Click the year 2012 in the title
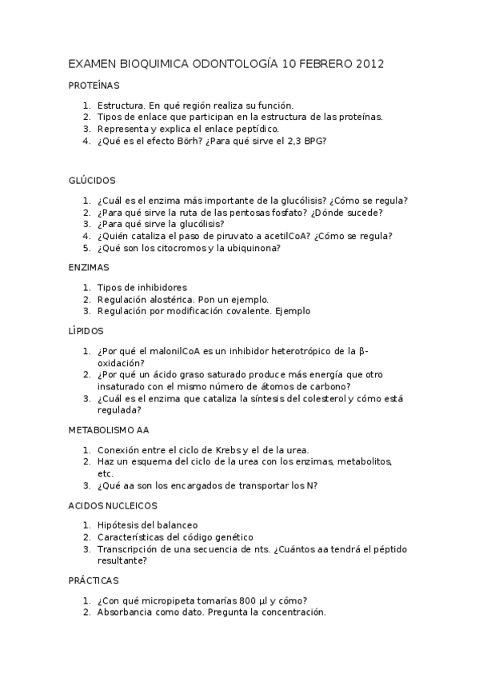(x=368, y=63)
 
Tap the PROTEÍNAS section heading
(x=94, y=85)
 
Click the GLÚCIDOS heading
(x=92, y=181)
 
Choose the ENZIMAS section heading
(x=89, y=267)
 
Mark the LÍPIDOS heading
(x=86, y=330)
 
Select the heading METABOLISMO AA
(x=109, y=429)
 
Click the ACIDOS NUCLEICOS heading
(x=113, y=505)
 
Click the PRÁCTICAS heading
(x=93, y=580)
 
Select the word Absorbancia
(x=126, y=612)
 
